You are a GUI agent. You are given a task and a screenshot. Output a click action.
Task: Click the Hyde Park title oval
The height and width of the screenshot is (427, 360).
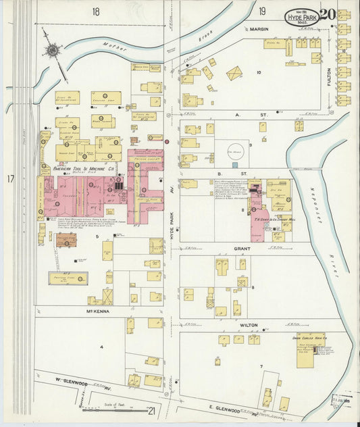(301, 16)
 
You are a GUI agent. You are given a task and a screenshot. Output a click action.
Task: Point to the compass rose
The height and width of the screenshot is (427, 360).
(52, 49)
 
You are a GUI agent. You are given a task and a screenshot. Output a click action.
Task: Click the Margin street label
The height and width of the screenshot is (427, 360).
(259, 30)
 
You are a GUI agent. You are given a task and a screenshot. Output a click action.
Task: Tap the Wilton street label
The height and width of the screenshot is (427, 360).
(249, 325)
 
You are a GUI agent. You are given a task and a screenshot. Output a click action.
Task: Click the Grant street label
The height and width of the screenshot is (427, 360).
(242, 249)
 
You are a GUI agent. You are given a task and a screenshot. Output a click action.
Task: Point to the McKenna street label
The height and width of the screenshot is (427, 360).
(98, 311)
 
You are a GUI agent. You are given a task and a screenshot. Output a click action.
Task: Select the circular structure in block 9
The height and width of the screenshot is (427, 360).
(234, 150)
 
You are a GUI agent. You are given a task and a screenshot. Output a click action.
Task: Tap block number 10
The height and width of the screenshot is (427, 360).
(258, 72)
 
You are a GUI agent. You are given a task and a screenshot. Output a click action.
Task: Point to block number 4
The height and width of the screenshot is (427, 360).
(102, 347)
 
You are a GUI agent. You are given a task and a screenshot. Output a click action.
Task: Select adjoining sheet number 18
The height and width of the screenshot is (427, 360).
(96, 11)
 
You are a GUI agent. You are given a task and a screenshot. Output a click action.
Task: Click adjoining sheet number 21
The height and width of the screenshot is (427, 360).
(151, 410)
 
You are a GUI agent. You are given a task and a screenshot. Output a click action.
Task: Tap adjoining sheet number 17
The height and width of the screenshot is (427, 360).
(11, 179)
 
